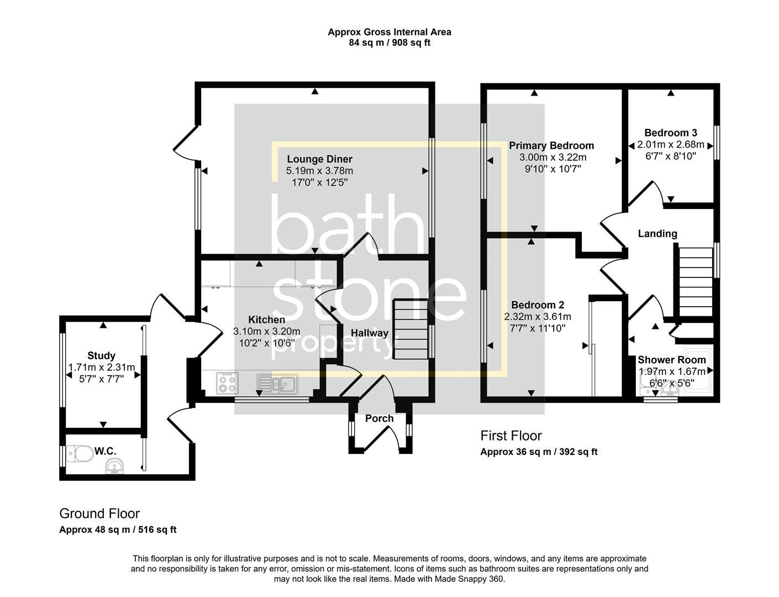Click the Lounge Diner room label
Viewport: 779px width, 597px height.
click(319, 159)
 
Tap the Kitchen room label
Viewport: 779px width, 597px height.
click(266, 320)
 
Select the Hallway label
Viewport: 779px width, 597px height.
click(370, 333)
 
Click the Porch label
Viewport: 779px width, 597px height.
click(380, 418)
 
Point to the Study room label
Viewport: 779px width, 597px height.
click(102, 355)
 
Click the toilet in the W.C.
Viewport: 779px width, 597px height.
click(79, 454)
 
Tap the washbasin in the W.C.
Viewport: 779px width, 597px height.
click(115, 467)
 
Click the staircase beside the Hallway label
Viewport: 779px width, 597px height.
click(411, 329)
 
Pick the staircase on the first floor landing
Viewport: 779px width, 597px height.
click(693, 282)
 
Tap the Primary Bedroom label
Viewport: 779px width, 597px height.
click(551, 146)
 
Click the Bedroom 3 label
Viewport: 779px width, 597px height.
click(671, 133)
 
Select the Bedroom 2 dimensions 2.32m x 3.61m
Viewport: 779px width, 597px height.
click(537, 317)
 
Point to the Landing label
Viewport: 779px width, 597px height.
click(657, 234)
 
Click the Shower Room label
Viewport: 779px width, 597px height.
click(672, 360)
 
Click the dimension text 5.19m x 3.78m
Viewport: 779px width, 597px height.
click(319, 170)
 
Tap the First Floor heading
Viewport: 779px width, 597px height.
click(511, 436)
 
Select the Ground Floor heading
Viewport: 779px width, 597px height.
click(99, 514)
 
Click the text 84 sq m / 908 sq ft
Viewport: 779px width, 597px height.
click(389, 43)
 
